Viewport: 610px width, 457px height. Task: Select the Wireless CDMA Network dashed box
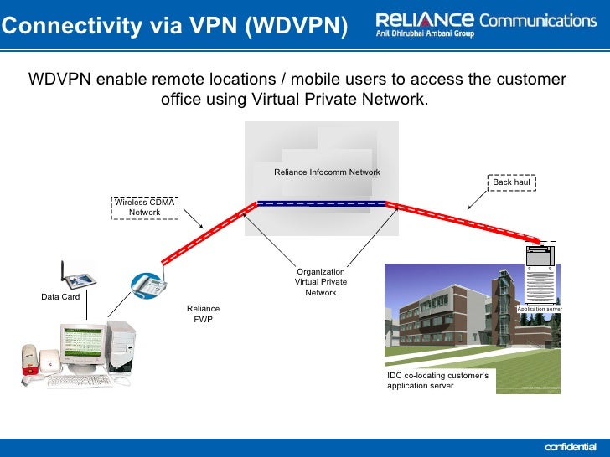coord(145,207)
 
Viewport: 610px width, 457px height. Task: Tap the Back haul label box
coord(513,182)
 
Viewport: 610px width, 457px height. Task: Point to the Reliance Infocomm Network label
coord(327,172)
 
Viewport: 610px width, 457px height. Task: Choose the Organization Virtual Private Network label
coord(321,282)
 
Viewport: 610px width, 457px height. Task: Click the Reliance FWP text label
coord(203,314)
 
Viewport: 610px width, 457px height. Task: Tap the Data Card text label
coord(60,297)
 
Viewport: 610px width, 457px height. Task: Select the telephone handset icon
coord(147,285)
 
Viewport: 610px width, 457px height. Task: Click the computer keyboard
coord(79,381)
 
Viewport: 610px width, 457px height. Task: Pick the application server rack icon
coord(540,272)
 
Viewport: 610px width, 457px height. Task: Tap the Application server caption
coord(539,309)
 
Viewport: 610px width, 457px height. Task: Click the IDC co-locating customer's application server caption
coord(438,381)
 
